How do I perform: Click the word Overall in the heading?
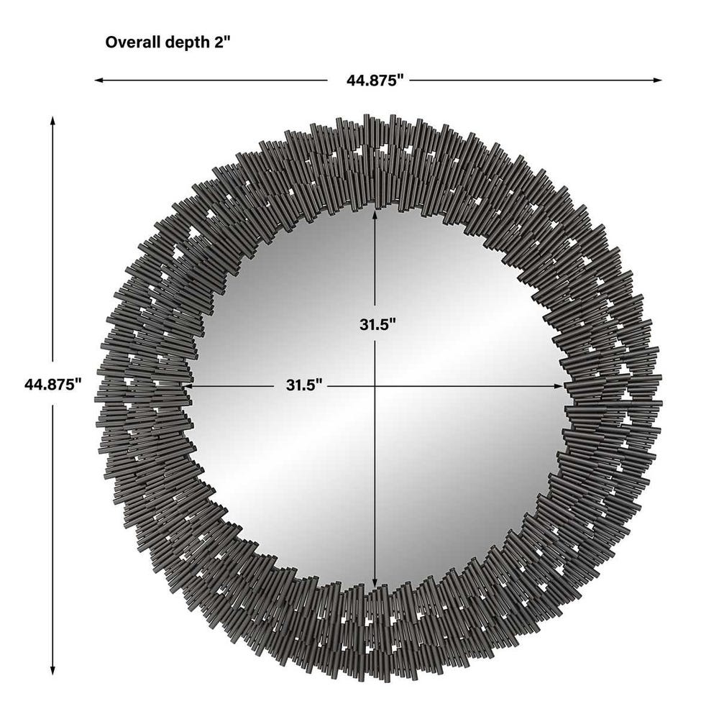130,42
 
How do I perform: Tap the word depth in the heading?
180,42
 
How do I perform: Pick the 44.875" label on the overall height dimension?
50,384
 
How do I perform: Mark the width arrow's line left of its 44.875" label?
216,81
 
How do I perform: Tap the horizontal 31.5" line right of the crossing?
467,385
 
